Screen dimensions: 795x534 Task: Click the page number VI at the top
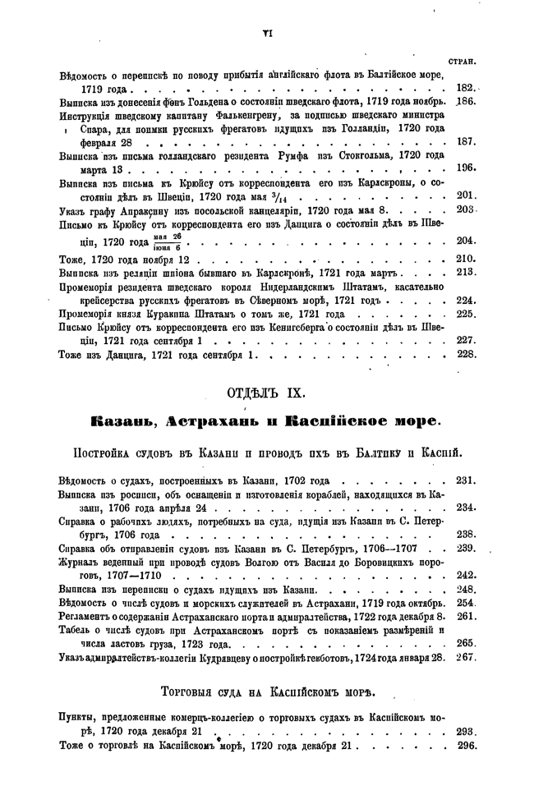[266, 32]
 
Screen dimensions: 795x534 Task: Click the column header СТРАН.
[464, 62]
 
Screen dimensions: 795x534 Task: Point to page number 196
[466, 168]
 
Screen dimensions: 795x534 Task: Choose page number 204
[466, 241]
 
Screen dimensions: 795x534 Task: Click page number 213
[466, 272]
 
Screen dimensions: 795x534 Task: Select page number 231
[466, 480]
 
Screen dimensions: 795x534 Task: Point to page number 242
[466, 575]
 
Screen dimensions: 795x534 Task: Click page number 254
[466, 602]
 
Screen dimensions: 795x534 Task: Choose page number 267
[466, 657]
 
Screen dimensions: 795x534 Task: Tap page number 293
[466, 731]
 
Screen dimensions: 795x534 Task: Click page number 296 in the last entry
[466, 745]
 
